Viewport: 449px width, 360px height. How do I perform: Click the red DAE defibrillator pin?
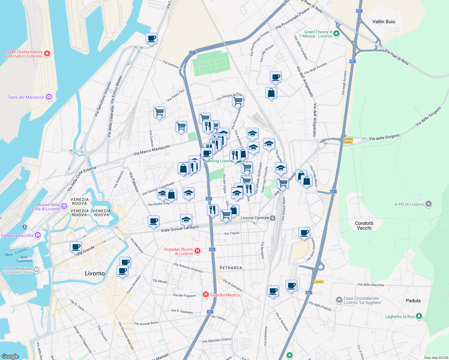tap(47, 54)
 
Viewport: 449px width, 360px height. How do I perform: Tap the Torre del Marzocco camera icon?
tap(49, 97)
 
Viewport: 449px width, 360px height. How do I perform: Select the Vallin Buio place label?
tap(384, 22)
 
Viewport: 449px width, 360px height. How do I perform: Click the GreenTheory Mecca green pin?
tap(336, 34)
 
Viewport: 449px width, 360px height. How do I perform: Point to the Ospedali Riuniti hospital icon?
tap(197, 251)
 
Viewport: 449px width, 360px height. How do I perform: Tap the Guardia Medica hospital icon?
tap(206, 295)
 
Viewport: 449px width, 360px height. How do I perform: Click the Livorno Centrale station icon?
tap(273, 218)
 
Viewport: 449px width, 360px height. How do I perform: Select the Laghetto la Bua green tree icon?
tap(419, 316)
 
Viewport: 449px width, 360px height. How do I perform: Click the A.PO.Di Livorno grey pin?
tap(429, 204)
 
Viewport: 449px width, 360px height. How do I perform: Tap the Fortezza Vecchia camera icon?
tap(38, 235)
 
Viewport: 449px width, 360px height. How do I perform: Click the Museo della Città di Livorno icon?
tap(64, 206)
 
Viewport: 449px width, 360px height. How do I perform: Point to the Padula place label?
tap(413, 301)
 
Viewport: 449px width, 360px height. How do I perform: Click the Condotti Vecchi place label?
tap(364, 226)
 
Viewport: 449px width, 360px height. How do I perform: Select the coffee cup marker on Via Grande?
tap(76, 247)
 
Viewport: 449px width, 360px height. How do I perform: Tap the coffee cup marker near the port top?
tap(151, 38)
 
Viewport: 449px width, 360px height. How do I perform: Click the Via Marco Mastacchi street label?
tap(152, 150)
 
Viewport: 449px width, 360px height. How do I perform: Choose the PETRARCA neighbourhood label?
tap(231, 268)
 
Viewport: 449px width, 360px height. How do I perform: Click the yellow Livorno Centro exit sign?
tap(348, 140)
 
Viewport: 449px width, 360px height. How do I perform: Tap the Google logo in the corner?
tap(10, 356)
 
